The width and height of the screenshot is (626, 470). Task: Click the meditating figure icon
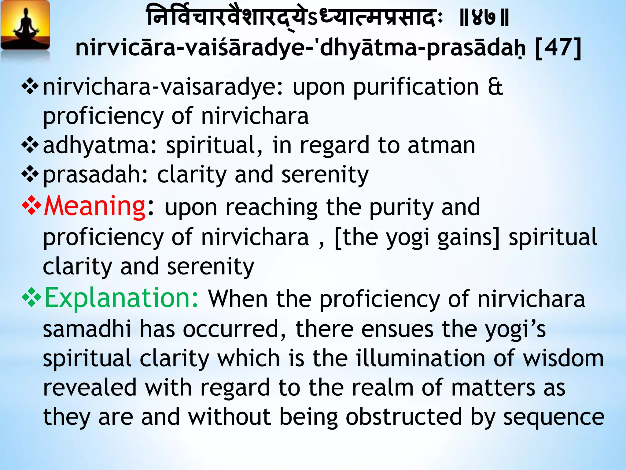coord(25,26)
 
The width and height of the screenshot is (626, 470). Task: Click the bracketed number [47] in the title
coord(558,48)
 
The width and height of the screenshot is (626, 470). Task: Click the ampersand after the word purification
coord(495,87)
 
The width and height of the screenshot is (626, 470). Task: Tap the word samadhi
coord(87,329)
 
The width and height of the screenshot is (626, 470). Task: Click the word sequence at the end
coord(554,417)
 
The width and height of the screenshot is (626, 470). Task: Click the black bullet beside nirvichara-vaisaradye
coord(30,87)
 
